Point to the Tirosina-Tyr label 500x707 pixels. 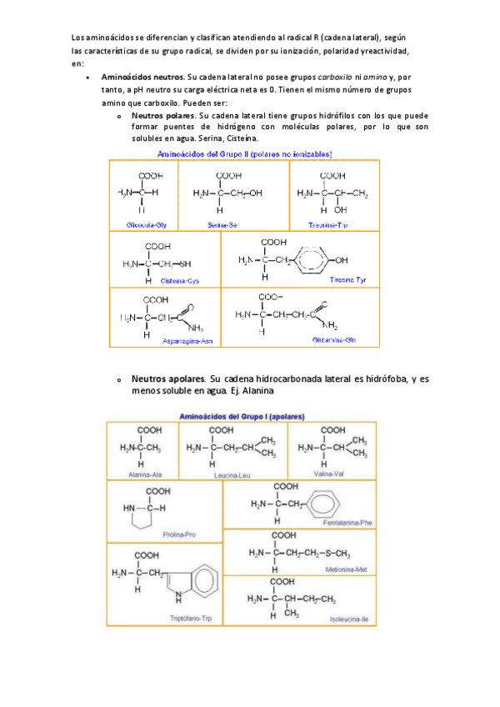point(351,278)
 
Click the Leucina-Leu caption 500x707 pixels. point(232,475)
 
